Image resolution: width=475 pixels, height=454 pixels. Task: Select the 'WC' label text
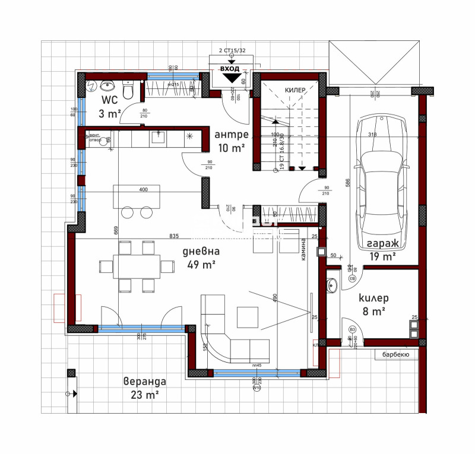109,100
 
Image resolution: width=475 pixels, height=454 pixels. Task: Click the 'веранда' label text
144,381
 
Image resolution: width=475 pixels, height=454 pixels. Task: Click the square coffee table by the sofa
247,316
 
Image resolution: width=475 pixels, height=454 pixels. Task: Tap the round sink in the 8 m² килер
332,285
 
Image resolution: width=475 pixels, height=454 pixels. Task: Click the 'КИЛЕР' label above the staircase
295,90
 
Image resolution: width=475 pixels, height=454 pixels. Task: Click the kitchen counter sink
158,138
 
